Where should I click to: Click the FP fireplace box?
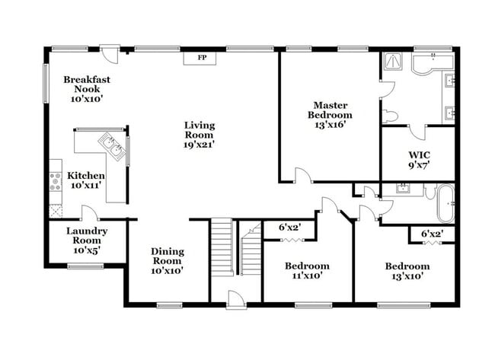[200, 59]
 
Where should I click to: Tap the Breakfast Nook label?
[87, 84]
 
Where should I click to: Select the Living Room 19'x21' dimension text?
[200, 145]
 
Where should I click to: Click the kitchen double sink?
[112, 147]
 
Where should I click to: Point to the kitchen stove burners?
[56, 182]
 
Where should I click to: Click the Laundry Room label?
[87, 236]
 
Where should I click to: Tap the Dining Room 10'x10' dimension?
[167, 271]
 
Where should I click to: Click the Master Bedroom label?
[330, 110]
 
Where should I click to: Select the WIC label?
[420, 155]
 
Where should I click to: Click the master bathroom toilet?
[389, 116]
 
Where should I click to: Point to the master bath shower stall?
[392, 61]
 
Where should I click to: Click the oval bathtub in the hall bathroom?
[445, 203]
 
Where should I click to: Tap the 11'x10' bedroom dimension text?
[307, 276]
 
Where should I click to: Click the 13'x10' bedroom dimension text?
[407, 276]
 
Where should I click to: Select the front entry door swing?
[235, 300]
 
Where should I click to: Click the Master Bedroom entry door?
[304, 175]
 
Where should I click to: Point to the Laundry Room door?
[90, 212]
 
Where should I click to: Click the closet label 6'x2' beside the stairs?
[290, 227]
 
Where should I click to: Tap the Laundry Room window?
[85, 266]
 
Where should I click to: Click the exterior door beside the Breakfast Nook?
[110, 53]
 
